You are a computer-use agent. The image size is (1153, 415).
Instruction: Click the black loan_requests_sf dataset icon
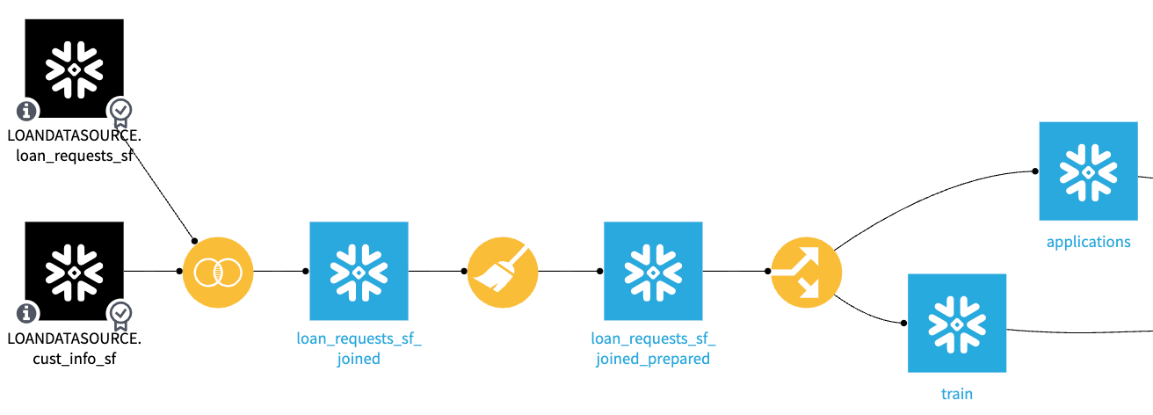pos(75,68)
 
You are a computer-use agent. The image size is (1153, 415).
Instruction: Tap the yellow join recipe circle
pos(217,272)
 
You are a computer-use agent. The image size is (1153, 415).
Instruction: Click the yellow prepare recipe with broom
pos(502,272)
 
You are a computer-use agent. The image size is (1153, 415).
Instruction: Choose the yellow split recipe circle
pos(806,272)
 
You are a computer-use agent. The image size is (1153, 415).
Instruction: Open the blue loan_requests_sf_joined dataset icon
pos(359,271)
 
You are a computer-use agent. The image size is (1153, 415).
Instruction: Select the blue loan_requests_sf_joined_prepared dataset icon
pos(653,271)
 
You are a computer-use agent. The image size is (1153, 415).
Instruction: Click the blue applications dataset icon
pos(1088,171)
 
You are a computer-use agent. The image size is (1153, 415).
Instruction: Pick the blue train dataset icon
pos(957,323)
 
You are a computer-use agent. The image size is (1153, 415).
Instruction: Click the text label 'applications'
pos(1088,242)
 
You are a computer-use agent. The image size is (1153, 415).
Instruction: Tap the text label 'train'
pos(957,394)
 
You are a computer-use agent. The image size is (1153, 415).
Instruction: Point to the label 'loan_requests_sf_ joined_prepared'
pos(653,349)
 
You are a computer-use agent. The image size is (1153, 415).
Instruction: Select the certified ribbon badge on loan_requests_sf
pos(120,112)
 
